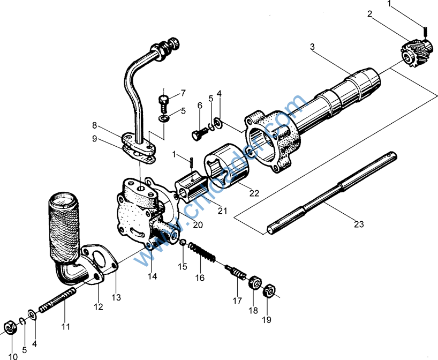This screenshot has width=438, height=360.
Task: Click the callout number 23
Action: [x=358, y=224]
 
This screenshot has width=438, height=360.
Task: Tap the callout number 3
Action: [x=312, y=47]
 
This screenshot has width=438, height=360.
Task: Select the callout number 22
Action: [x=254, y=193]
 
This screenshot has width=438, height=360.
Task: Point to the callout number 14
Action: [x=153, y=276]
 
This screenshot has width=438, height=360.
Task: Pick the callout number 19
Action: [x=266, y=320]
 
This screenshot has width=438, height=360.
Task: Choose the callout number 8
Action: [x=95, y=126]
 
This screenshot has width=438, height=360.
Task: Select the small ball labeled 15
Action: [x=183, y=244]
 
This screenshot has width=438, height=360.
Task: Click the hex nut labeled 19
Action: [x=270, y=292]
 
